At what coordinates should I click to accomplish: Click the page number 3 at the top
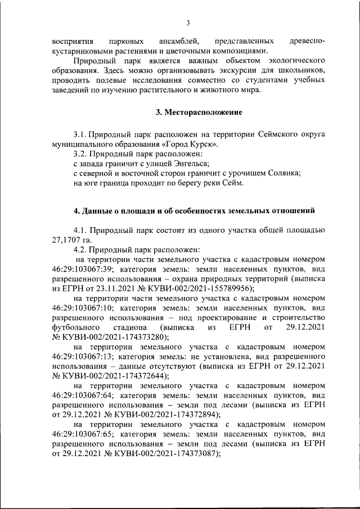pyautogui.click(x=188, y=22)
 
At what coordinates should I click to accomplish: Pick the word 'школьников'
pyautogui.click(x=304, y=72)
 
